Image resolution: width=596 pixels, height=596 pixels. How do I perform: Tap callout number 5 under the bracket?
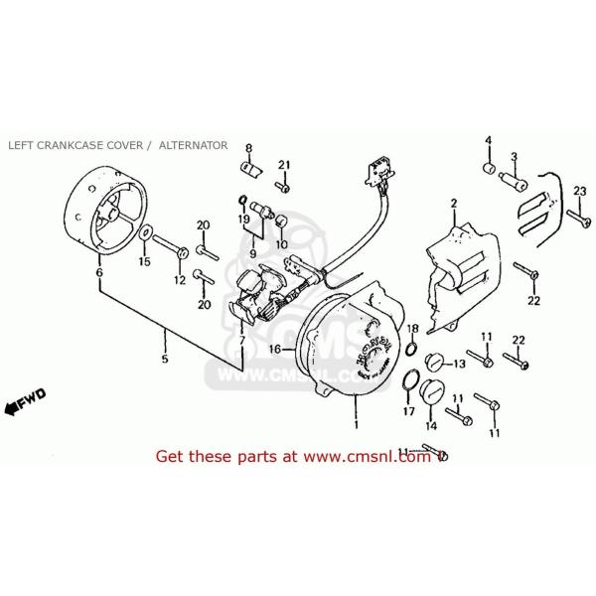click(166, 359)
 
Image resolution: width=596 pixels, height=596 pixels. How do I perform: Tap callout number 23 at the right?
click(580, 192)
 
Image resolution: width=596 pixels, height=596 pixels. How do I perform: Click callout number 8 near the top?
click(248, 147)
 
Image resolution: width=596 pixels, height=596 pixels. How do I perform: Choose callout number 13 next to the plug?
click(458, 365)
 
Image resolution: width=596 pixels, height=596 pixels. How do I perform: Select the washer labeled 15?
click(145, 234)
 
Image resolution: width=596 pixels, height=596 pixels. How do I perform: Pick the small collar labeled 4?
click(489, 163)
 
